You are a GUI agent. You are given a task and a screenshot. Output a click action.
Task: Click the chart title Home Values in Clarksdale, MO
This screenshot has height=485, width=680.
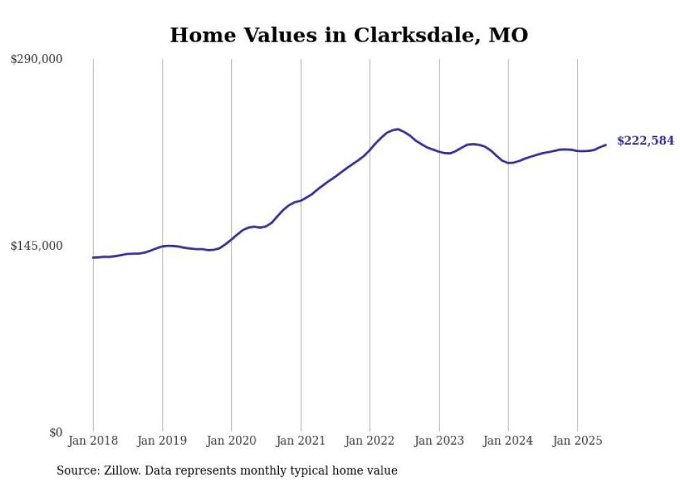[x=349, y=35]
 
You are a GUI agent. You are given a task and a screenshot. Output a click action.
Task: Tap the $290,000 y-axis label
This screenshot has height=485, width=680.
[x=37, y=60]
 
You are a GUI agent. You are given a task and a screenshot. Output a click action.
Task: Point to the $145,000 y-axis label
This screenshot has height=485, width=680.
[x=37, y=246]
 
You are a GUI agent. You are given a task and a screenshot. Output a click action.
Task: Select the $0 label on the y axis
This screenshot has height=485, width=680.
[x=56, y=432]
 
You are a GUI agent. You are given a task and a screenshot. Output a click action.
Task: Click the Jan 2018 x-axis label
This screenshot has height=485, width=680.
[x=93, y=441]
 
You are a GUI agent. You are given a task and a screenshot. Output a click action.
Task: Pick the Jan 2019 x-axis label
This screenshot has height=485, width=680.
[x=162, y=441]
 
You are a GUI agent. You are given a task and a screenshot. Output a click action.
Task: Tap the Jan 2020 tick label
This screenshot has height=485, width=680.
[x=232, y=441]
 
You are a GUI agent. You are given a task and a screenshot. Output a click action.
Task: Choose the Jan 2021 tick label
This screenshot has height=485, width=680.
[x=300, y=441]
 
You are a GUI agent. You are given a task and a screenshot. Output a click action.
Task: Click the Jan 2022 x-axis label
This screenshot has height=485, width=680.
[x=370, y=441]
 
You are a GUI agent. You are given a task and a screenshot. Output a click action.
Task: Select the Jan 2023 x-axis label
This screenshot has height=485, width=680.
[x=439, y=441]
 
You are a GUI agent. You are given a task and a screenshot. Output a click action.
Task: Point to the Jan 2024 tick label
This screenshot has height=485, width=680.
[x=508, y=441]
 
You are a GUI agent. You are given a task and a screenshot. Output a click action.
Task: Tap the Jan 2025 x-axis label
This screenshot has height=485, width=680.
[x=577, y=441]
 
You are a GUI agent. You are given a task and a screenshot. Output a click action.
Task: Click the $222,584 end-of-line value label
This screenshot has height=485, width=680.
[x=645, y=141]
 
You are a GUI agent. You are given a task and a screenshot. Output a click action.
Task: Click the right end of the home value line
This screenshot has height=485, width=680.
[x=606, y=145]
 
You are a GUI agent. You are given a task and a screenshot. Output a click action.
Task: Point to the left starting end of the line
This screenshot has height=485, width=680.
[x=93, y=257]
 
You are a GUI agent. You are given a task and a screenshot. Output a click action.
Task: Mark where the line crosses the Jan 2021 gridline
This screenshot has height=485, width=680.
[x=300, y=200]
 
